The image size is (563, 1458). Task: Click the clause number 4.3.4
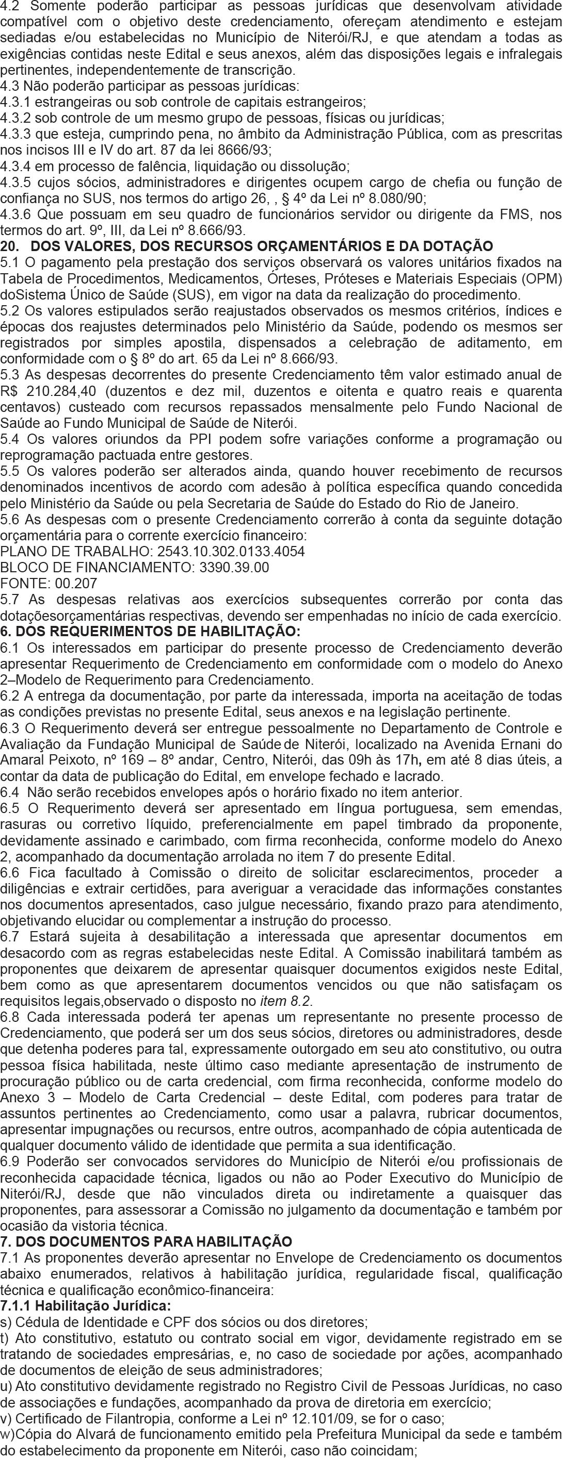17,167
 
